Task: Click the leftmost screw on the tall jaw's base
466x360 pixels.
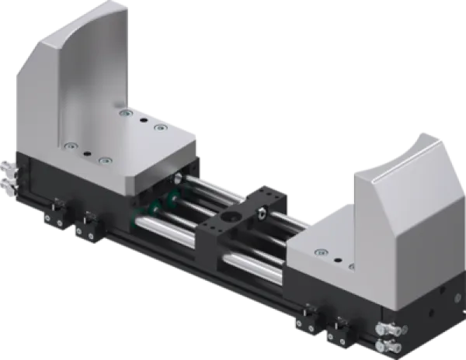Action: [x=71, y=145]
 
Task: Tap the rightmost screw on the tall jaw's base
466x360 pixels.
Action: [x=160, y=126]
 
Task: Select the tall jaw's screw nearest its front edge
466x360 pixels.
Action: [x=105, y=161]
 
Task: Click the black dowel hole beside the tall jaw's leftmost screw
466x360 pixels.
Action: [x=87, y=153]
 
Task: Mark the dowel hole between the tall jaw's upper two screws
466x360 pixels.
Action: [x=143, y=120]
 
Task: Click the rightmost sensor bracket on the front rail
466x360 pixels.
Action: [x=339, y=331]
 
